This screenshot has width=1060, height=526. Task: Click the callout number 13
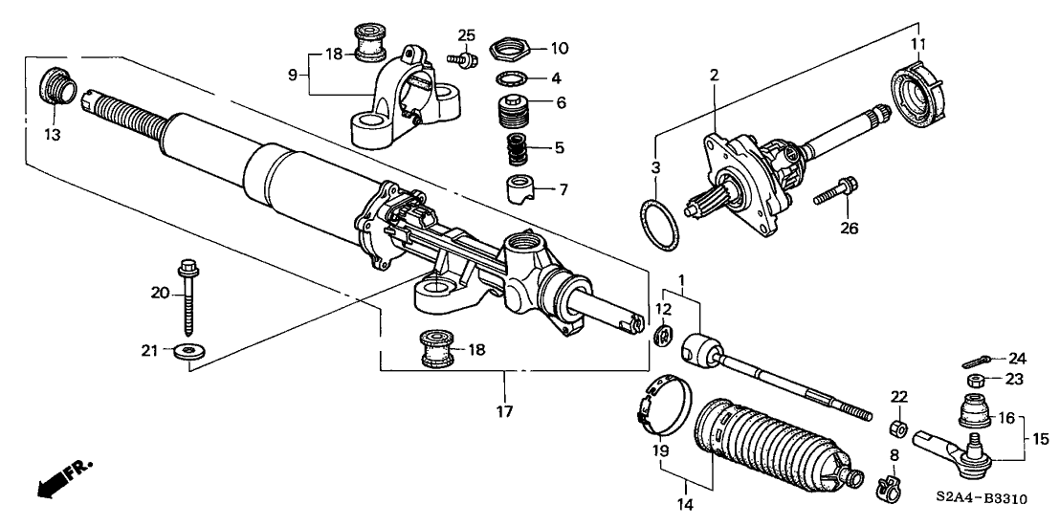pyautogui.click(x=53, y=135)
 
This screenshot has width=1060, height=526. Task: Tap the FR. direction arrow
pyautogui.click(x=63, y=479)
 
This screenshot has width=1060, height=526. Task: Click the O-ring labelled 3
pyautogui.click(x=657, y=222)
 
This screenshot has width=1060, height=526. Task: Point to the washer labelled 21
pyautogui.click(x=189, y=351)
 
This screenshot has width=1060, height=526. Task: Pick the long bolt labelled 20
pyautogui.click(x=188, y=296)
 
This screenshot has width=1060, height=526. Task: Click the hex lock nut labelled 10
pyautogui.click(x=508, y=48)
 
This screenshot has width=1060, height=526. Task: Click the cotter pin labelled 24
pyautogui.click(x=976, y=361)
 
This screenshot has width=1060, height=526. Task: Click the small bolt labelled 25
pyautogui.click(x=462, y=59)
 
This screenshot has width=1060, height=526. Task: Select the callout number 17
pyautogui.click(x=504, y=410)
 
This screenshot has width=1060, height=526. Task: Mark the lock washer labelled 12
pyautogui.click(x=665, y=333)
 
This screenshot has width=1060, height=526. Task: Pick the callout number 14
pyautogui.click(x=686, y=504)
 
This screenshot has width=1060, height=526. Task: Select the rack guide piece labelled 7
pyautogui.click(x=521, y=189)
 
